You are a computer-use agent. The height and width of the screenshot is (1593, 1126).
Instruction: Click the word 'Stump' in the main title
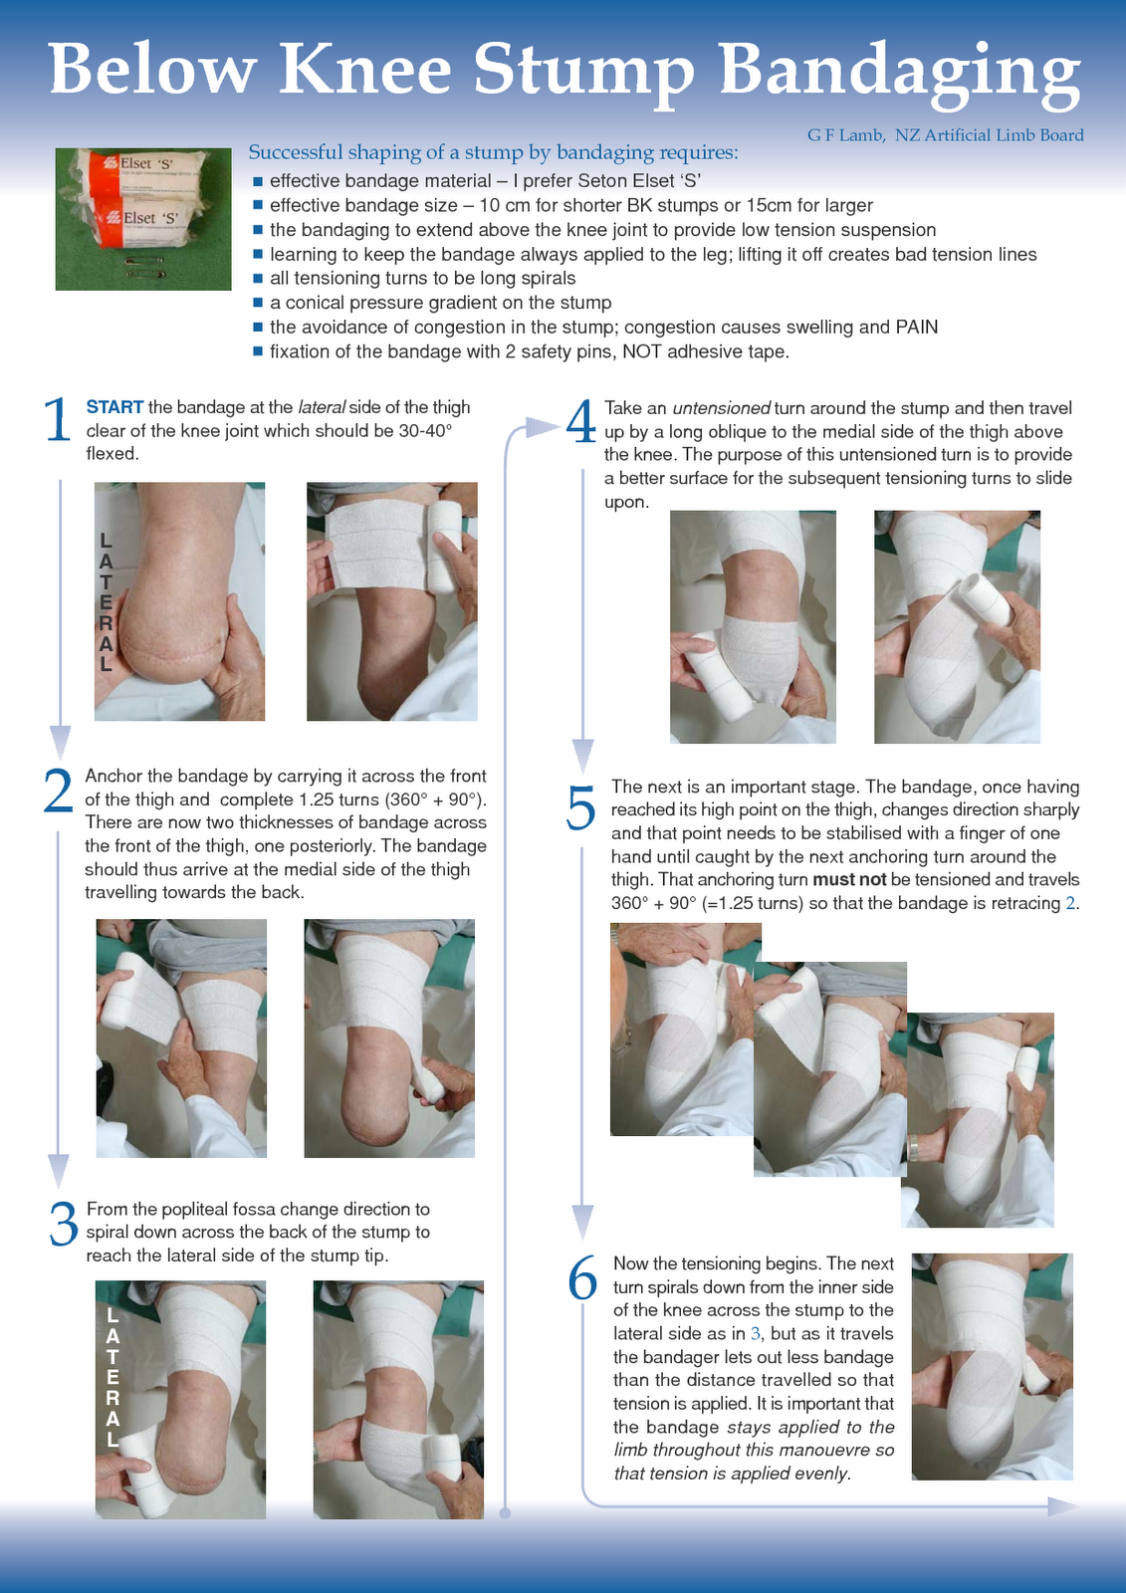(582, 72)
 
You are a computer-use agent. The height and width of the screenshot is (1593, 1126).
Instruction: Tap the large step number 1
(58, 420)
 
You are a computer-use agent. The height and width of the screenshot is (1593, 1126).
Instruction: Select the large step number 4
(581, 422)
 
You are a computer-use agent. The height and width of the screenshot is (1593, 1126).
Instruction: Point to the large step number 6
(582, 1279)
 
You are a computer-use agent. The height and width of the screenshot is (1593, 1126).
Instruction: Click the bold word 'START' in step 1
(114, 407)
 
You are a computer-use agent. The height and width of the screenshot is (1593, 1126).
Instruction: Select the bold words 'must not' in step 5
(849, 880)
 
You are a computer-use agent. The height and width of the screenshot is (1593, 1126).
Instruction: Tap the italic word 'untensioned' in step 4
(721, 408)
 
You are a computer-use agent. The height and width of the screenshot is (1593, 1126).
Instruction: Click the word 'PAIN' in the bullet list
(916, 328)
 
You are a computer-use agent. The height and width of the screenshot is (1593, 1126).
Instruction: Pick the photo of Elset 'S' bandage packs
(142, 219)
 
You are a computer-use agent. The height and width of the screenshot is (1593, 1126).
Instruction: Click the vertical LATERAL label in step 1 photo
(106, 602)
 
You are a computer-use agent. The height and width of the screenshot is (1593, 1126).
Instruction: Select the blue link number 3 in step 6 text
(756, 1334)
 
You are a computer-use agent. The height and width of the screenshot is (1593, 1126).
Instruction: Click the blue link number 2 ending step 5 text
(1070, 904)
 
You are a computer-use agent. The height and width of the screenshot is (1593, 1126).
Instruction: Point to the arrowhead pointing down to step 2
(60, 742)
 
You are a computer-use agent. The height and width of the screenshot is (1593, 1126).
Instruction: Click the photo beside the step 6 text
(992, 1366)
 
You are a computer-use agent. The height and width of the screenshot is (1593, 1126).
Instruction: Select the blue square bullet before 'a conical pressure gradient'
(258, 303)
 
